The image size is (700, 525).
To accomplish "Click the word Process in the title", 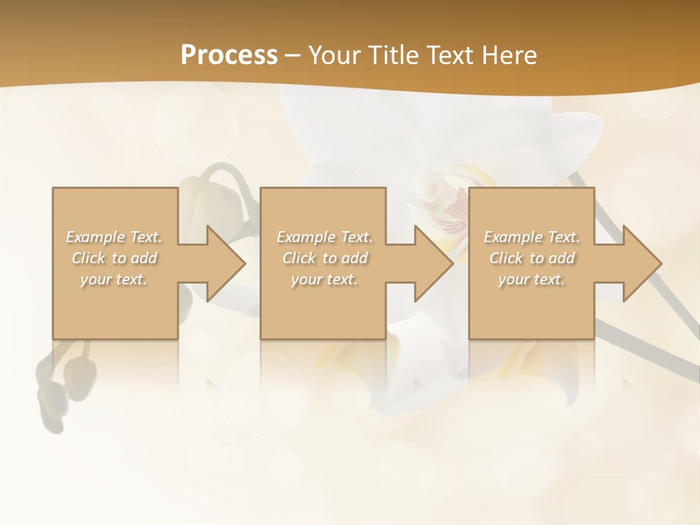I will (229, 55).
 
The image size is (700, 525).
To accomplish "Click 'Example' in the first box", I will (96, 237).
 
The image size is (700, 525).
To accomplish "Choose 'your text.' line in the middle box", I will (324, 279).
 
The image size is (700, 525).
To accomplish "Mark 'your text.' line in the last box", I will (532, 279).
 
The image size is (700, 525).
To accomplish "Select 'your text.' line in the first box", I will (114, 279).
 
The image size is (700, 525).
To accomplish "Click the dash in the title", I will (292, 55).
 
